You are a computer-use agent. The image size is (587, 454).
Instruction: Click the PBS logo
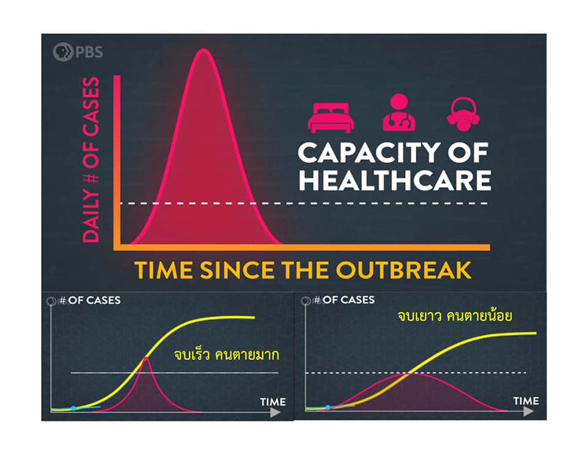pos(78,52)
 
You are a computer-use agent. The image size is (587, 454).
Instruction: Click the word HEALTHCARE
pos(393,181)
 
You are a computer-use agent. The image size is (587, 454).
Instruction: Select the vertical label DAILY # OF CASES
pos(91,159)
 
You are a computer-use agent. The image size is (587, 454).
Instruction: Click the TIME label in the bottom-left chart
pos(272,402)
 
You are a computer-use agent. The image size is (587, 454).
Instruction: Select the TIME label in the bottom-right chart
pos(525,401)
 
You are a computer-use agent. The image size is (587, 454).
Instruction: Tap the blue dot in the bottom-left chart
pos(73,408)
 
